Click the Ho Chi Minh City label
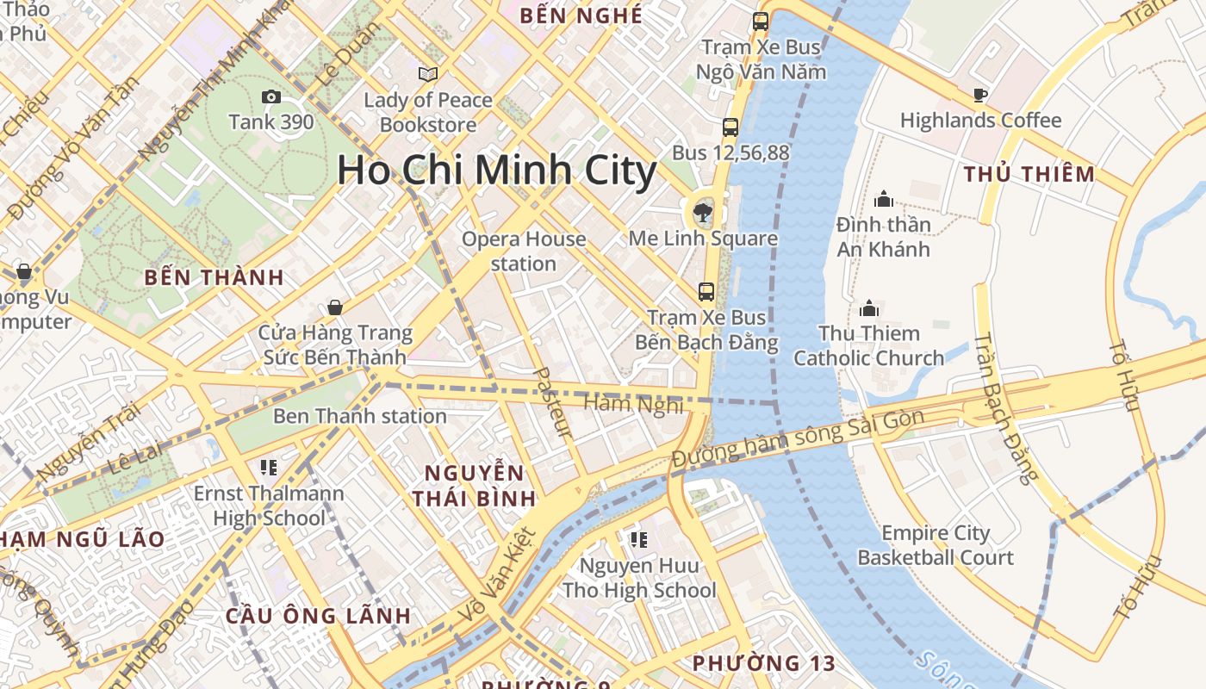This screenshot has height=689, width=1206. click(x=496, y=171)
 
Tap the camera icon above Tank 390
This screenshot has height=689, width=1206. click(x=270, y=96)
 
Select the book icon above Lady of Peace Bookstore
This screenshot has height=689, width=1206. click(x=427, y=74)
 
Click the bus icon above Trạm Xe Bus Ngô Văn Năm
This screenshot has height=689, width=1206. click(x=760, y=22)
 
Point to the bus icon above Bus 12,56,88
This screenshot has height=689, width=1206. click(x=730, y=127)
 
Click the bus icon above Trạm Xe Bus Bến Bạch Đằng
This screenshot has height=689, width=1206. click(x=706, y=291)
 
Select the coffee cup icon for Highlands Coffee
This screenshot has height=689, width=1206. click(x=979, y=95)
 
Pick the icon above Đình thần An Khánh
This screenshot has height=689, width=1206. click(x=883, y=200)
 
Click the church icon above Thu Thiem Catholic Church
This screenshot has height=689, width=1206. click(x=868, y=307)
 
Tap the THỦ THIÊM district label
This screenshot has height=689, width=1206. click(x=1029, y=174)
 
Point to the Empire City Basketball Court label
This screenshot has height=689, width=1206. click(x=936, y=545)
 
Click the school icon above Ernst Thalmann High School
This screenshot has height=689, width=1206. click(x=268, y=468)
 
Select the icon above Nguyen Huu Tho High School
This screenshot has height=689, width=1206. click(x=638, y=540)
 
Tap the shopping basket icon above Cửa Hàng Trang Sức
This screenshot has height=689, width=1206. click(x=334, y=307)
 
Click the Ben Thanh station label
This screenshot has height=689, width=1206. click(x=359, y=416)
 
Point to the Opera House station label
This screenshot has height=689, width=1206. click(x=524, y=251)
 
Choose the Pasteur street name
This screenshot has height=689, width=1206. click(x=553, y=401)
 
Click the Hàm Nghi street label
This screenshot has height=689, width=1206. click(x=633, y=403)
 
